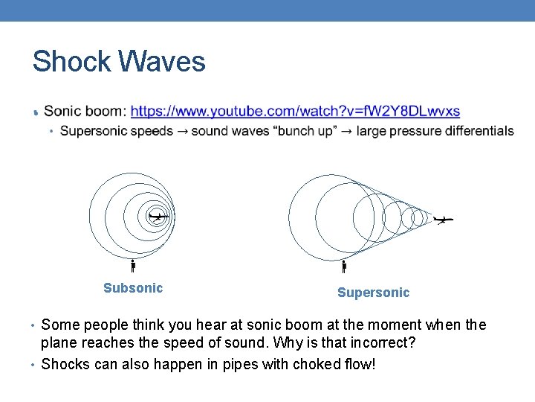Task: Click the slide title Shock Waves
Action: click(119, 61)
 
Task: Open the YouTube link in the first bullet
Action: click(295, 112)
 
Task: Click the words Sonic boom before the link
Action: click(84, 112)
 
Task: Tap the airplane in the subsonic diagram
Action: click(158, 217)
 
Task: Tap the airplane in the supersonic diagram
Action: click(443, 220)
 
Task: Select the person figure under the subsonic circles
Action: click(133, 265)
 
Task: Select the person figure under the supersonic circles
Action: click(344, 266)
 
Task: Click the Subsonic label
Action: click(133, 288)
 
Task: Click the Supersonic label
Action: click(373, 293)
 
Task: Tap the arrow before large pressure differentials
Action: click(346, 132)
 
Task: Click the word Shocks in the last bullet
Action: click(64, 364)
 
